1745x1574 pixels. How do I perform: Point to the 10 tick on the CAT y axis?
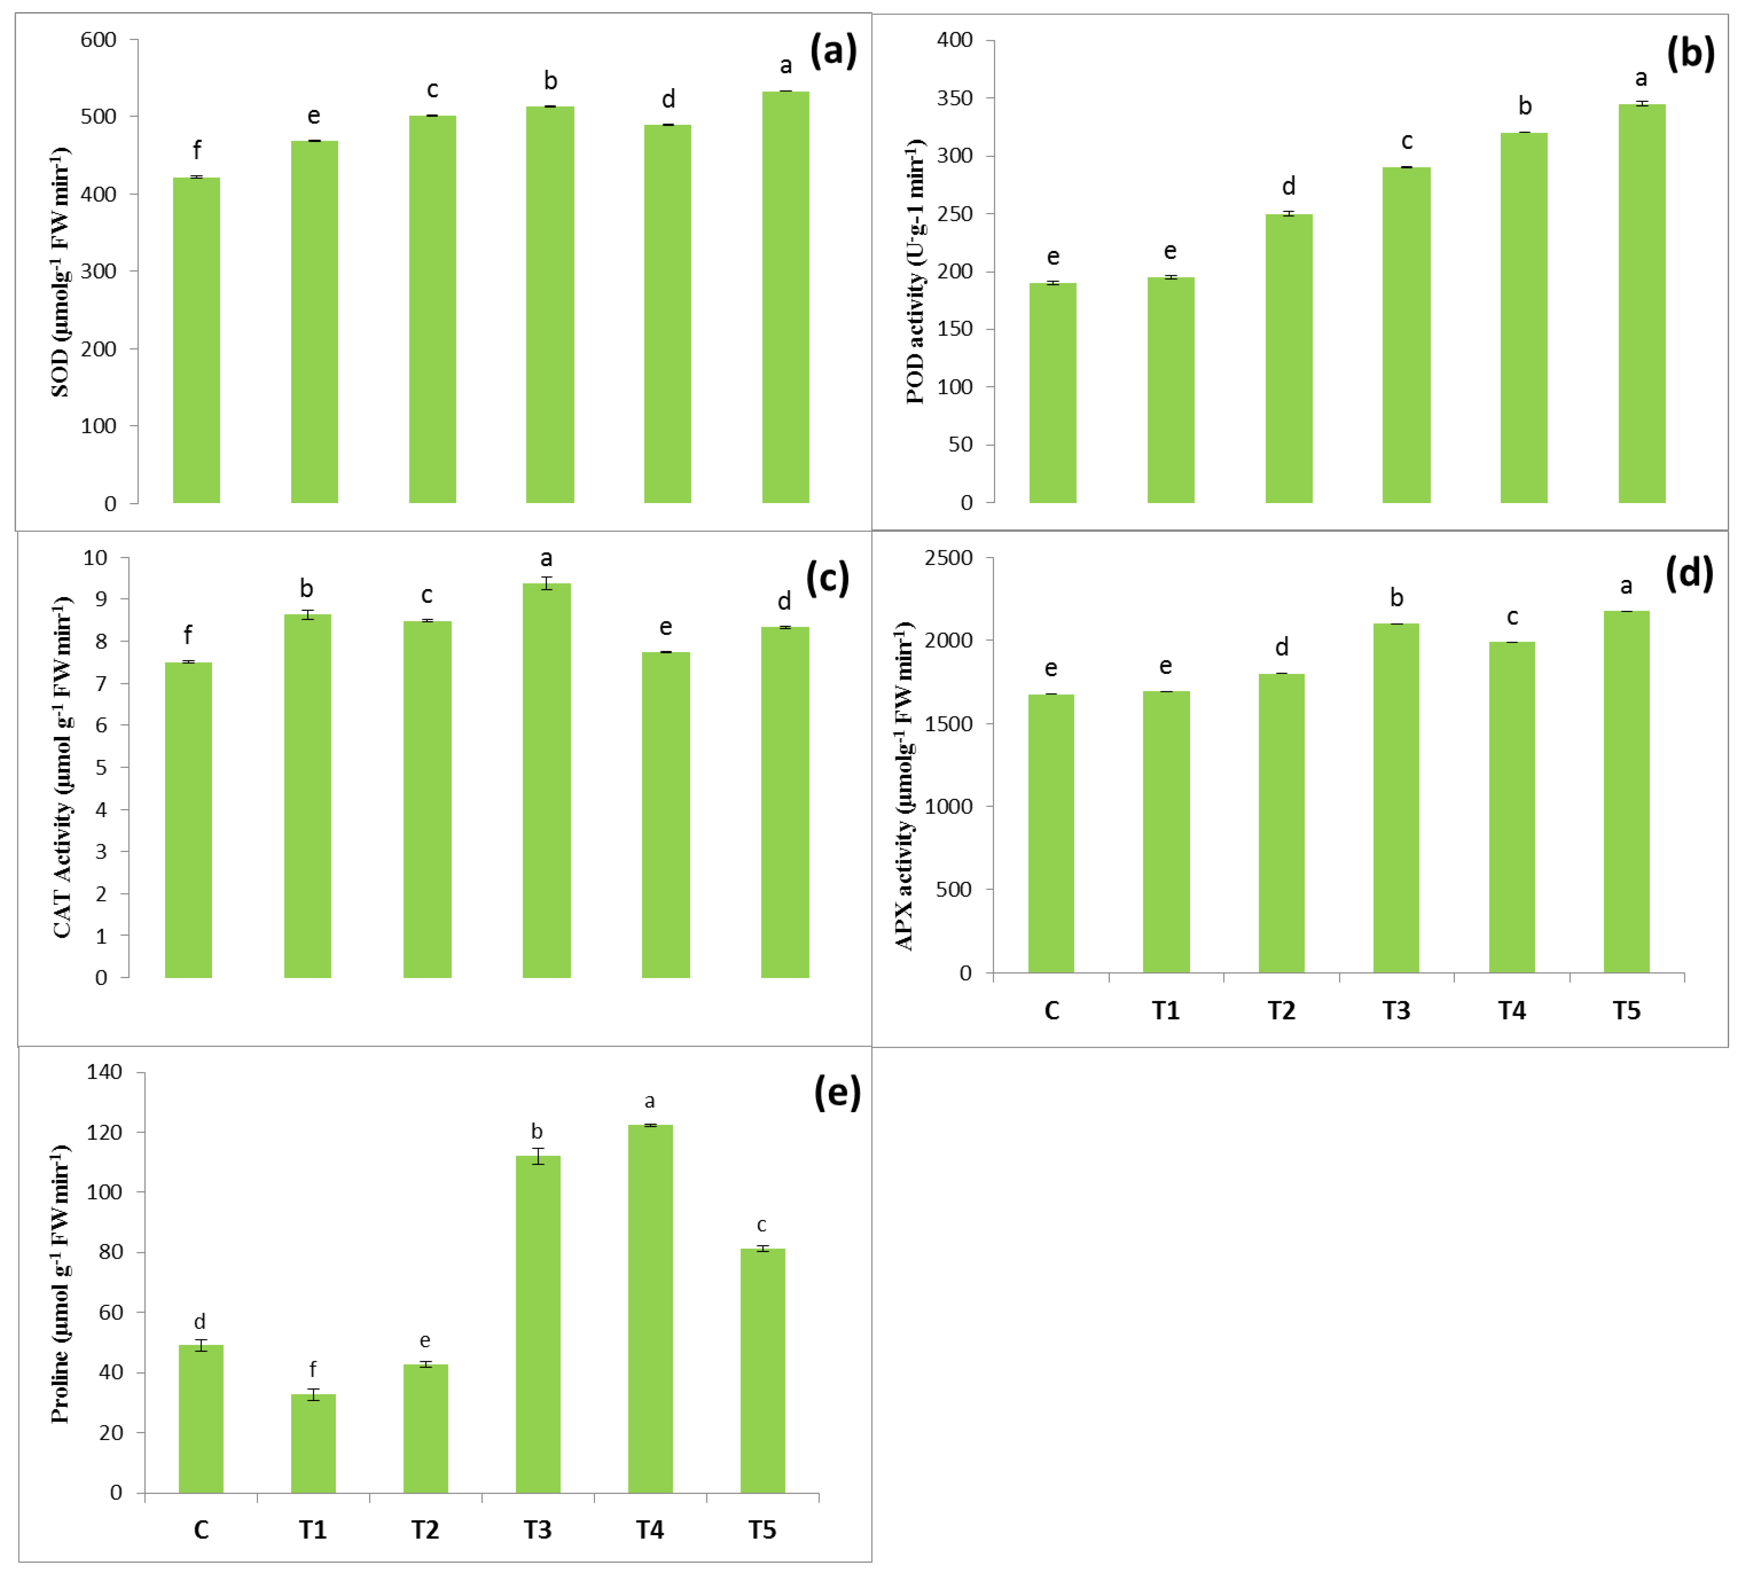tap(95, 558)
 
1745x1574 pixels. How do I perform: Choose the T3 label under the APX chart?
tap(1395, 1010)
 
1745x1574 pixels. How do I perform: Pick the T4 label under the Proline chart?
tap(649, 1530)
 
